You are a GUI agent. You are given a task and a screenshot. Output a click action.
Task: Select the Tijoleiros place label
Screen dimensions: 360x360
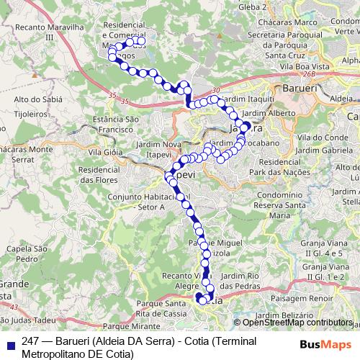tap(31, 114)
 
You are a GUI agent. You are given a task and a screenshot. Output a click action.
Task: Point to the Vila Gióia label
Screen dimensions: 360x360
tap(103, 153)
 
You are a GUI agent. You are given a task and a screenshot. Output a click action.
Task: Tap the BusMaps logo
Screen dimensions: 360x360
tap(325, 344)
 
